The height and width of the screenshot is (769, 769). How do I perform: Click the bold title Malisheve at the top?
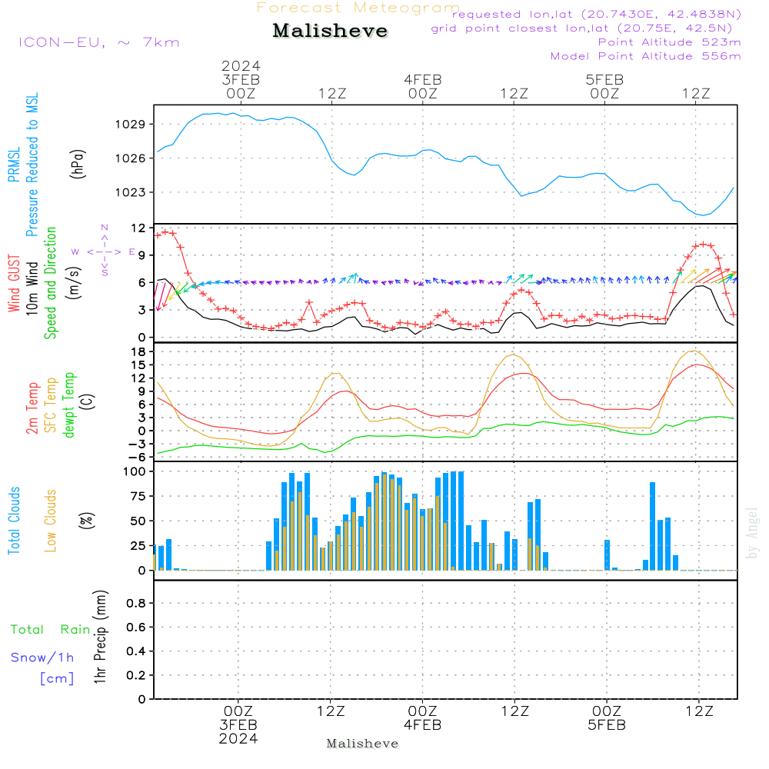(x=330, y=31)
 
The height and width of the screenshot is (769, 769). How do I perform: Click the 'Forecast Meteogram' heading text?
(x=358, y=8)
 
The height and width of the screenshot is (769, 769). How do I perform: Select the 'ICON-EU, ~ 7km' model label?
(x=98, y=42)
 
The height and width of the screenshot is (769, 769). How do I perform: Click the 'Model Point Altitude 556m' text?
(x=645, y=55)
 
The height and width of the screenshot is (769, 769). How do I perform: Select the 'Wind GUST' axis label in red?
(x=15, y=285)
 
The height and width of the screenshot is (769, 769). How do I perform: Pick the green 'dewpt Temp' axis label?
(x=69, y=405)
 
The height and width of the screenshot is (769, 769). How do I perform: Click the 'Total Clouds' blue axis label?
(x=15, y=520)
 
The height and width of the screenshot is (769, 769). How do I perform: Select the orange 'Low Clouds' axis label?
(x=51, y=520)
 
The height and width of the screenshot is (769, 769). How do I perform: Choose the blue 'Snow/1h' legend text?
(x=43, y=657)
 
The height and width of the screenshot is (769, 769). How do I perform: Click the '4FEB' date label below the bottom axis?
(x=422, y=725)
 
